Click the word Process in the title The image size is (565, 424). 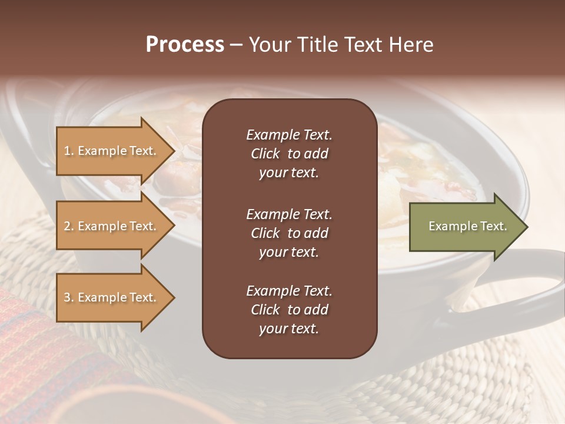point(185,45)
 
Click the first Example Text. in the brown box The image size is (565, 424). point(289,135)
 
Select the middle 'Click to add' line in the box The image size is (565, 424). point(289,233)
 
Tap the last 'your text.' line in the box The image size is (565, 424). point(289,329)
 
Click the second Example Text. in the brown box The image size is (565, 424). point(289,214)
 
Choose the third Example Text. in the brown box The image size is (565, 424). point(289,291)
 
